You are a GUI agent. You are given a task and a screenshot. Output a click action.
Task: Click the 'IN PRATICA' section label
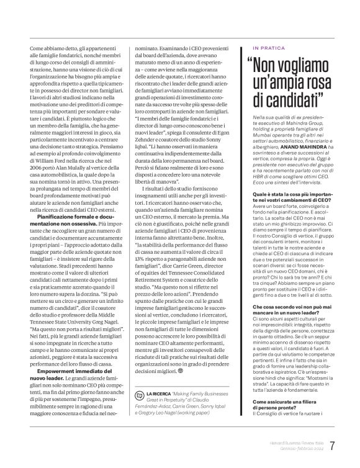pos(269,47)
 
